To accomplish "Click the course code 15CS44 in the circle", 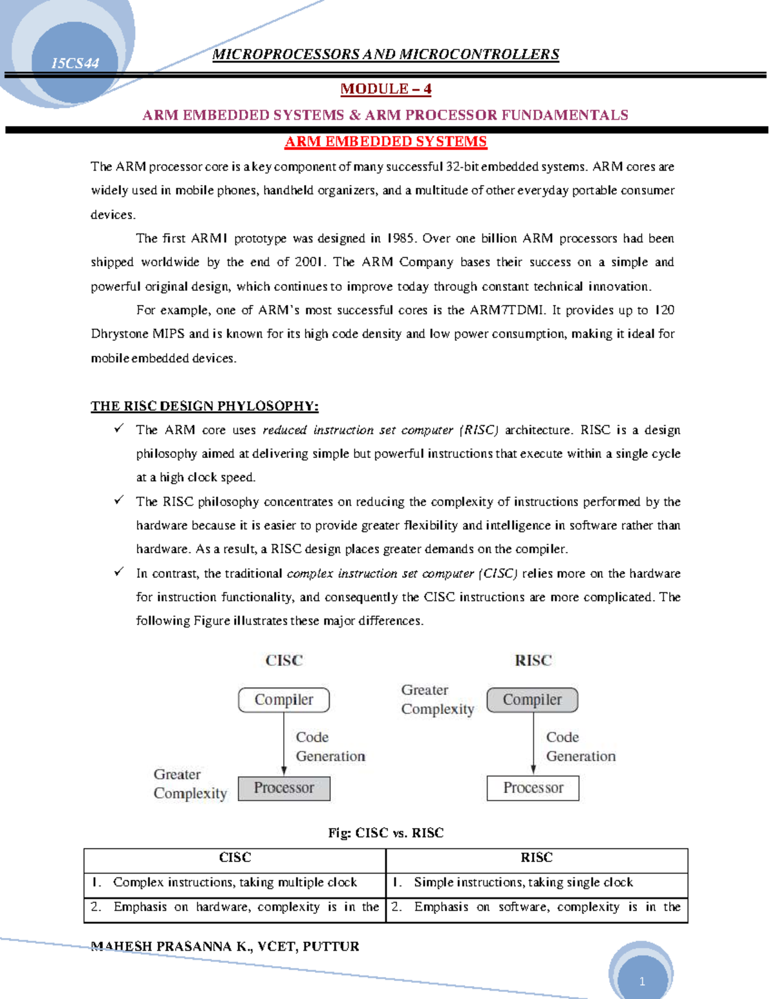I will click(75, 63).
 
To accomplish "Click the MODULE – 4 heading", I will click(385, 89).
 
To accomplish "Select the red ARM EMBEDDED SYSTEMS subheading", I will click(385, 142).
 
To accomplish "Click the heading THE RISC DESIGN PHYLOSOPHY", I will click(204, 406).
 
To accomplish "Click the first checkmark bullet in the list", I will click(119, 428).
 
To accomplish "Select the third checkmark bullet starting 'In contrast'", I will click(119, 572).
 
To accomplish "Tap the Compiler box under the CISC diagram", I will click(284, 700).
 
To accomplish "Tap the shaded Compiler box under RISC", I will click(532, 700).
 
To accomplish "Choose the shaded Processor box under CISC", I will click(284, 788).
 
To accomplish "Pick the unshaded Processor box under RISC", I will click(533, 788).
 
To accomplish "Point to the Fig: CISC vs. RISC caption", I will click(385, 833).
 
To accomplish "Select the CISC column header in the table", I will click(235, 857).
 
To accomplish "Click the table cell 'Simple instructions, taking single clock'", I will click(523, 883).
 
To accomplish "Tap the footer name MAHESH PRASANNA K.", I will click(172, 946).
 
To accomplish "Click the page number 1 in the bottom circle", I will click(641, 982).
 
